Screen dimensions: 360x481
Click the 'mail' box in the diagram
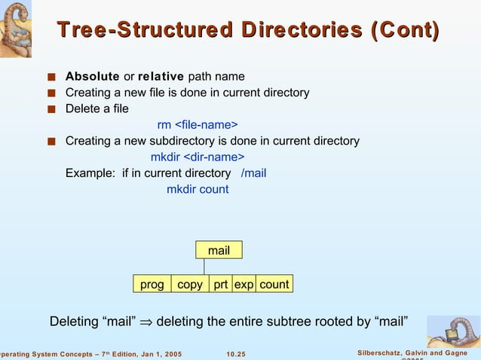tap(219, 250)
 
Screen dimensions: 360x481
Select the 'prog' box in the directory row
tap(152, 285)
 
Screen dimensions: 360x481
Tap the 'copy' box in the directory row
tap(190, 285)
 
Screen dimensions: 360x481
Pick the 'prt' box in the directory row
tap(220, 285)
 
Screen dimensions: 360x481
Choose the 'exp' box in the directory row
tap(244, 285)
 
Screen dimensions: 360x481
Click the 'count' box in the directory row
tap(274, 285)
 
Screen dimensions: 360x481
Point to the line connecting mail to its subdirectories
tap(204, 267)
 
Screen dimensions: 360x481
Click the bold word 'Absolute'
tap(92, 76)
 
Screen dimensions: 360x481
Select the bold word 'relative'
tap(161, 76)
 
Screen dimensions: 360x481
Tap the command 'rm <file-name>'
tap(198, 124)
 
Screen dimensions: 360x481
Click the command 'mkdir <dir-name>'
tap(198, 157)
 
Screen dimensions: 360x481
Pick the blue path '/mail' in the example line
tap(253, 173)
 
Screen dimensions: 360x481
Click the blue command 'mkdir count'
tap(198, 189)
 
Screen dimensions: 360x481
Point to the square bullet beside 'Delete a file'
tap(51, 109)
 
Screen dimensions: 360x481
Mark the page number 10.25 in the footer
tap(240, 354)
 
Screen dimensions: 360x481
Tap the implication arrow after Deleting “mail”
tap(146, 323)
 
